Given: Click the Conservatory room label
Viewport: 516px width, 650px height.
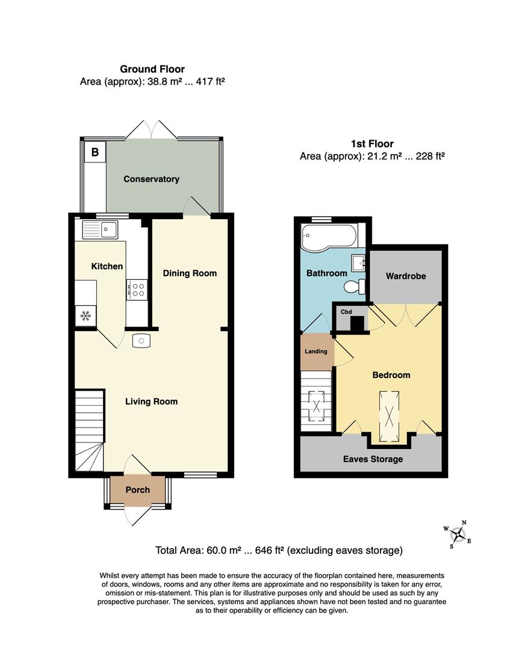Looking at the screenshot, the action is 151,179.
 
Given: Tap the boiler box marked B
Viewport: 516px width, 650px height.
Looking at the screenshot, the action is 95,152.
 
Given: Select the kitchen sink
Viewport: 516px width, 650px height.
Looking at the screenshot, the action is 101,229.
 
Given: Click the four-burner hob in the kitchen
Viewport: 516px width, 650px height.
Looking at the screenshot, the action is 138,289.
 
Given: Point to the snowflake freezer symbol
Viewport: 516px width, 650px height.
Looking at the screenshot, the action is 85,315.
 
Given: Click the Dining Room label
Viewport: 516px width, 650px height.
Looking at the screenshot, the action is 190,273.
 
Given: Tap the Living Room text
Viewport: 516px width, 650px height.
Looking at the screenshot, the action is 151,401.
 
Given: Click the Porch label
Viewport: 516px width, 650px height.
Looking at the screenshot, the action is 137,490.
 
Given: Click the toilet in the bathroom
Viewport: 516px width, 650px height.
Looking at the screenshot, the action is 359,286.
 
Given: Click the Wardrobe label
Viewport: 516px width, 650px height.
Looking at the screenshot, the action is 406,276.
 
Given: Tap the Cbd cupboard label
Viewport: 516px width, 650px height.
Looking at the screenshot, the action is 346,312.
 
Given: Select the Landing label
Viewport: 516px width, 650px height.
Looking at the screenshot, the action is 316,351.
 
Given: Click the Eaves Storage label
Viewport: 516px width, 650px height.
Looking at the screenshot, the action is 373,459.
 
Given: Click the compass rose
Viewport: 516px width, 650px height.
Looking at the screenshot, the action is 458,534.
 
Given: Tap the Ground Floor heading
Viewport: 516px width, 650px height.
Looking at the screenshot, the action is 152,69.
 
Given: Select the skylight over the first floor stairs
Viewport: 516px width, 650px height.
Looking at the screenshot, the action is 316,407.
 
